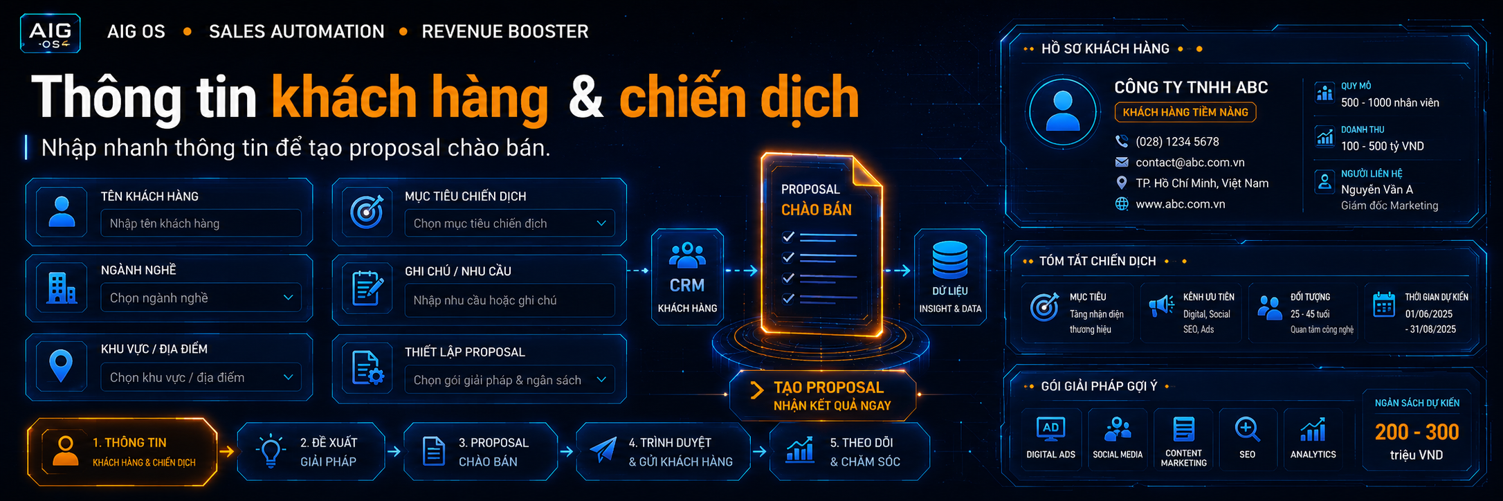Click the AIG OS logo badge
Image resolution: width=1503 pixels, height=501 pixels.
tap(51, 33)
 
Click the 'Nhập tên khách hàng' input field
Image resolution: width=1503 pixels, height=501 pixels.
tap(201, 224)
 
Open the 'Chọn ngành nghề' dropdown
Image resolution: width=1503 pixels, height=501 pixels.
tap(201, 298)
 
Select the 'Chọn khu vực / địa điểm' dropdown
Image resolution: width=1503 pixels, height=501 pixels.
tap(201, 377)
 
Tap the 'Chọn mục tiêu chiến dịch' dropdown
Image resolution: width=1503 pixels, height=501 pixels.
tap(509, 224)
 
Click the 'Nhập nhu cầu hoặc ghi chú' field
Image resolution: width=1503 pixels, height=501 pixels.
tap(509, 300)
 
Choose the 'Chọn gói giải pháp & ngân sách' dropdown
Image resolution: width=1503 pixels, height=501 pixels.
tap(509, 380)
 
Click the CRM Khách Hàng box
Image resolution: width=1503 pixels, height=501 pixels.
tap(687, 277)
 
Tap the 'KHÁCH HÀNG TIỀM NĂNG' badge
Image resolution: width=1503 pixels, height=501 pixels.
tap(1185, 112)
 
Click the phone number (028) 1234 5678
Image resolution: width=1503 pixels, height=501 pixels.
tap(1177, 142)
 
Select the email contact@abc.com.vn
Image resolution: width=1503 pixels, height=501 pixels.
tap(1190, 163)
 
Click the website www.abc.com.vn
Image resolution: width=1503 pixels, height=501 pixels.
tap(1181, 204)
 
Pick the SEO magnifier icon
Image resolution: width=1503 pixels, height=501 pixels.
tap(1247, 430)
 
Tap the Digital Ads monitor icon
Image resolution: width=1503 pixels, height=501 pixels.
tap(1050, 430)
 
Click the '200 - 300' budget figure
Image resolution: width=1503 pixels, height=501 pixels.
tap(1417, 432)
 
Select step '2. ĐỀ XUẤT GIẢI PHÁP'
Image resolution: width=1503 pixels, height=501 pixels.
tap(311, 452)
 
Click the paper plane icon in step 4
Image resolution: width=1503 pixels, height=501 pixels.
tap(603, 450)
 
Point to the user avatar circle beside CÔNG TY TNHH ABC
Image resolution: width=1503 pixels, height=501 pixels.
tap(1062, 111)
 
